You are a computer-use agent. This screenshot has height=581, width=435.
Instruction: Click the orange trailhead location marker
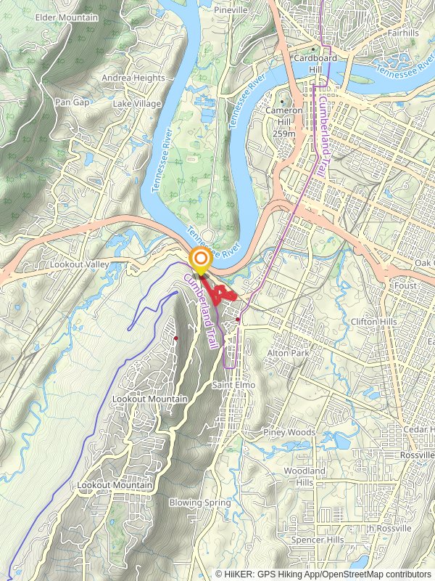(x=200, y=259)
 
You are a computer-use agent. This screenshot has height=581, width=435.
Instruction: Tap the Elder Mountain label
(x=66, y=17)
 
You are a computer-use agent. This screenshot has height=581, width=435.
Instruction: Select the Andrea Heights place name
(x=133, y=78)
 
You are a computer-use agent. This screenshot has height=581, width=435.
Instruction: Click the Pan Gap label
(x=72, y=102)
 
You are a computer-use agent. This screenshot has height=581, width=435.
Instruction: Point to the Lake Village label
(x=137, y=104)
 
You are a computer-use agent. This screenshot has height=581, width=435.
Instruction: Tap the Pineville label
(x=231, y=10)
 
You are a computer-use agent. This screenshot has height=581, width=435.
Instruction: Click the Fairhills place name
(x=404, y=33)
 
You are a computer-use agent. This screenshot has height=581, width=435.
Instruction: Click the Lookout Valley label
(x=79, y=265)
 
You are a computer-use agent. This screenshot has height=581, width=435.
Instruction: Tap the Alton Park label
(x=288, y=353)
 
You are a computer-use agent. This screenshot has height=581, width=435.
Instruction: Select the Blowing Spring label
(x=200, y=503)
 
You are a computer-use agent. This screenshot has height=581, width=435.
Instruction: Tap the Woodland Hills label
(x=299, y=476)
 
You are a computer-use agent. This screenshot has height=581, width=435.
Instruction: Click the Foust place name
(x=406, y=286)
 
